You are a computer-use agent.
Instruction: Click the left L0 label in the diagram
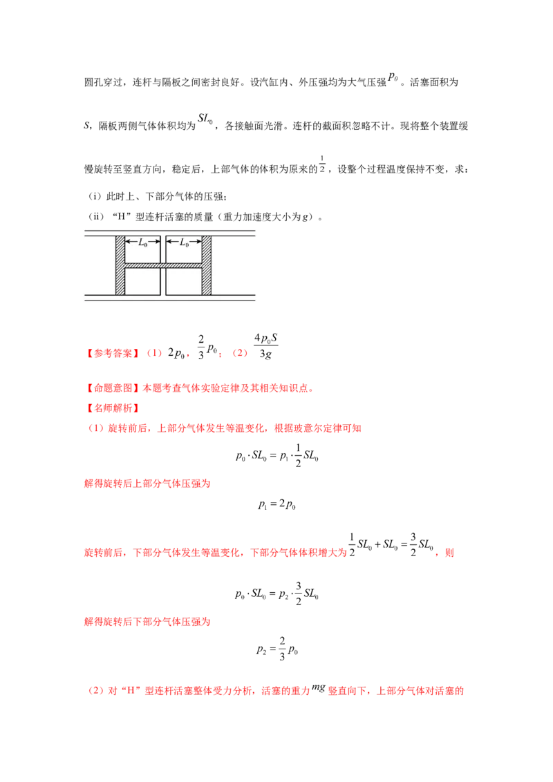coord(142,242)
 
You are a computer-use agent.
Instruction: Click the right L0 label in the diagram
coord(184,242)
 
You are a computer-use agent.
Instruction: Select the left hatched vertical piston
coord(120,265)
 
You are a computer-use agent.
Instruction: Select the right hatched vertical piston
coord(206,265)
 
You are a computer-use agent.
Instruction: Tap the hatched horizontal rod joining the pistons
coord(163,265)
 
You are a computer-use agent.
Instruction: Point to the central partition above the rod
coord(163,249)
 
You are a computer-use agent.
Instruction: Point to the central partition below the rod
coord(163,281)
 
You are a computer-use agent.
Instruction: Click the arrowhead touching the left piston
coord(128,242)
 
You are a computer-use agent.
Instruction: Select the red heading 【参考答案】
coord(111,354)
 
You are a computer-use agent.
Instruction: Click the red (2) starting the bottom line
coord(95,691)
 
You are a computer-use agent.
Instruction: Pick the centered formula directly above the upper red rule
coord(276,457)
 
